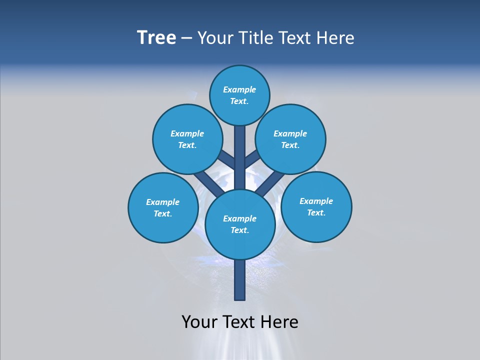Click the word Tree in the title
tap(156, 38)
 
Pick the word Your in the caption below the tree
tap(199, 322)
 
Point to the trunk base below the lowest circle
tap(240, 280)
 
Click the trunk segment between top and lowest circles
tap(240, 160)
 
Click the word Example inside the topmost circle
tap(239, 90)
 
